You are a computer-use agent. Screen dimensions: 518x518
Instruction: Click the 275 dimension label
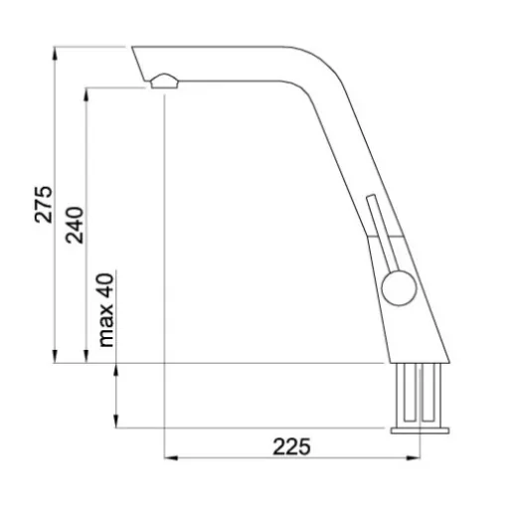44,205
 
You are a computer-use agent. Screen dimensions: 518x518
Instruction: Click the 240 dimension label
75,226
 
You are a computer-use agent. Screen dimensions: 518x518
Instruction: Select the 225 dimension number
291,446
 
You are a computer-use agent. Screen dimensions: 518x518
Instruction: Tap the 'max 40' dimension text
106,310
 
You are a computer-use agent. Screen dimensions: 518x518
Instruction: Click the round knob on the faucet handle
399,287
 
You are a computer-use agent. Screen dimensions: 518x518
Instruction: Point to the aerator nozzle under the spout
164,82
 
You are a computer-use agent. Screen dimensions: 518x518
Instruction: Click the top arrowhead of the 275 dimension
55,54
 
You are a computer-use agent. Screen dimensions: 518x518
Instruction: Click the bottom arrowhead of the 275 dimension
55,357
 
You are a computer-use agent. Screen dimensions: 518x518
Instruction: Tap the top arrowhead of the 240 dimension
86,94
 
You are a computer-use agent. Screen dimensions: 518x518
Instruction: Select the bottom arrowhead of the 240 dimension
86,357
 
